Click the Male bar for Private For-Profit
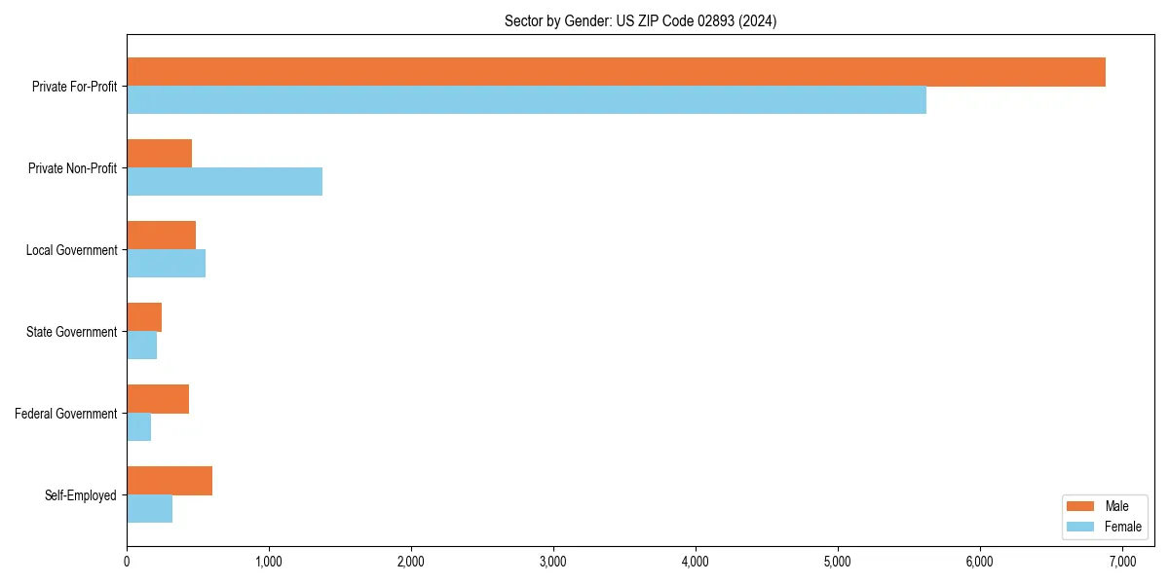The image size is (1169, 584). coord(616,72)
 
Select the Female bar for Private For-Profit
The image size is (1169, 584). coord(526,100)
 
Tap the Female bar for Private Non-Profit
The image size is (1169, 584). coord(224,182)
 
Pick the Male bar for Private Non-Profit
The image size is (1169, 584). coord(159,154)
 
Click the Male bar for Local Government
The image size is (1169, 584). coord(161,236)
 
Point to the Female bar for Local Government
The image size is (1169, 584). coord(166,264)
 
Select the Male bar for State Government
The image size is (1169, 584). coord(144,317)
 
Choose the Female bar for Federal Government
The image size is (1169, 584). coord(138,427)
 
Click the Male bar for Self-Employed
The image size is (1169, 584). coord(170,481)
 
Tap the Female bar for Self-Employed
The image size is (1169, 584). coord(149,509)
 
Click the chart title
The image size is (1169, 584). coord(640,20)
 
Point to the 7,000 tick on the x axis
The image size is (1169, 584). coord(1121,561)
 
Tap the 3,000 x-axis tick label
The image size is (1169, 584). coord(553,561)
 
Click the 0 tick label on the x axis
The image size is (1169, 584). coord(127,561)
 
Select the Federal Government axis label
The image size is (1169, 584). coord(66,414)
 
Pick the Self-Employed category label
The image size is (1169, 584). coord(81,495)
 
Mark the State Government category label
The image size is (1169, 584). coord(71,332)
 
